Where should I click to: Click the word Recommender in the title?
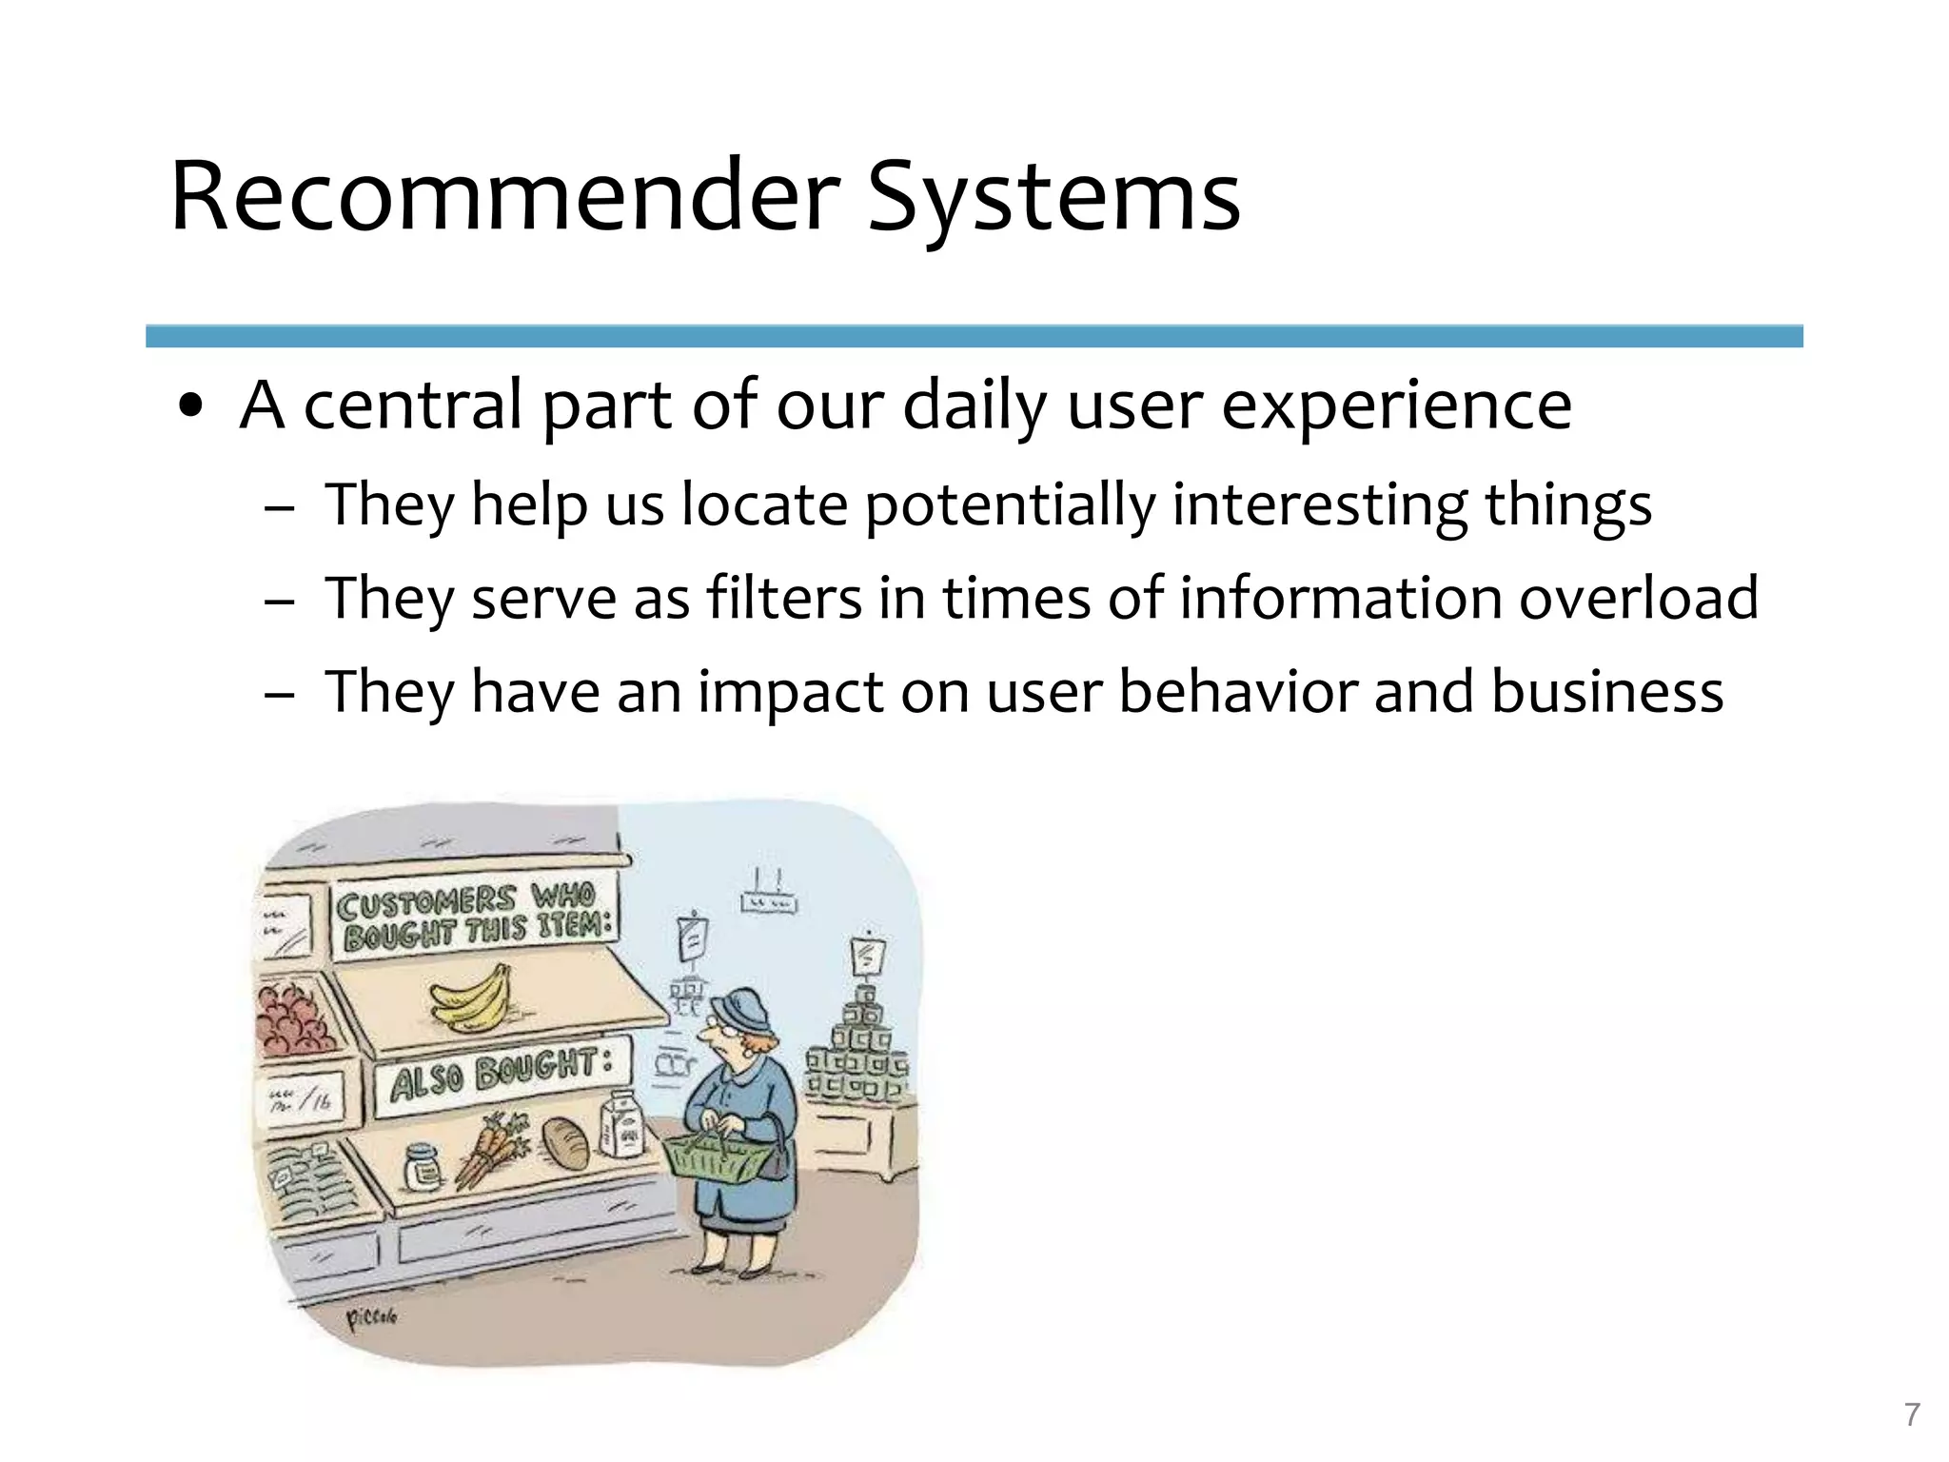pyautogui.click(x=504, y=198)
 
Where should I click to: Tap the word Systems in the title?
pyautogui.click(x=1053, y=198)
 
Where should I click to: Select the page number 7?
pyautogui.click(x=1912, y=1415)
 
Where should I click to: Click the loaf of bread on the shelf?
pyautogui.click(x=567, y=1142)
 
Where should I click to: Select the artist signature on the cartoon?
pyautogui.click(x=371, y=1317)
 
